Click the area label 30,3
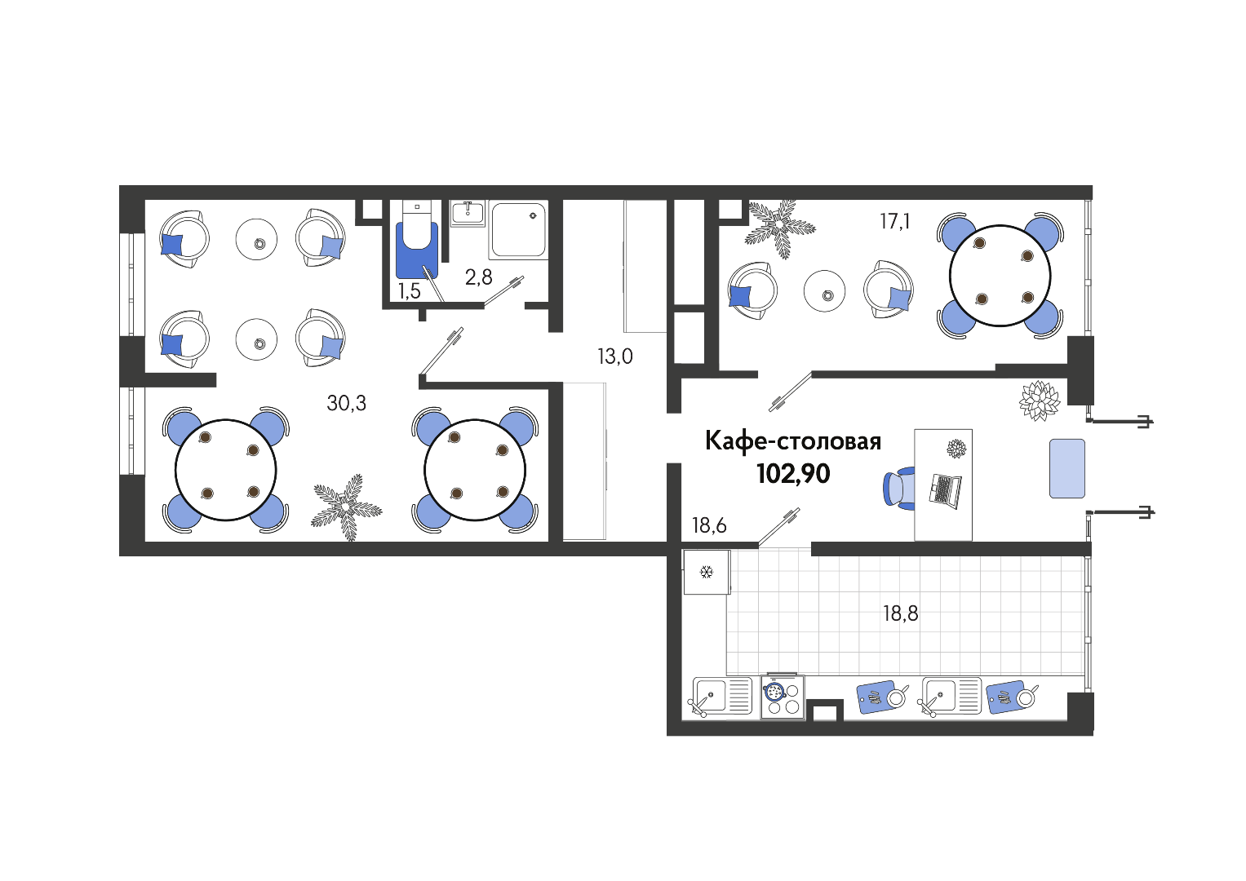pyautogui.click(x=346, y=403)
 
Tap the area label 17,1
pyautogui.click(x=894, y=222)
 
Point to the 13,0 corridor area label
pyautogui.click(x=614, y=356)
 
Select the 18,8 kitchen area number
pyautogui.click(x=901, y=613)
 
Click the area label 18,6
pyautogui.click(x=709, y=525)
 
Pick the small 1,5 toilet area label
pyautogui.click(x=409, y=291)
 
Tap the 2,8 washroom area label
pyautogui.click(x=478, y=277)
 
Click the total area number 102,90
pyautogui.click(x=793, y=474)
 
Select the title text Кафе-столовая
pyautogui.click(x=793, y=441)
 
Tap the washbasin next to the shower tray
pyautogui.click(x=468, y=213)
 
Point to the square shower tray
pyautogui.click(x=518, y=230)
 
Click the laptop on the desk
pyautogui.click(x=945, y=491)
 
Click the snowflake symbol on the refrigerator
pyautogui.click(x=707, y=572)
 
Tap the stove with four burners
pyautogui.click(x=783, y=698)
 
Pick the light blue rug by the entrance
pyautogui.click(x=1066, y=468)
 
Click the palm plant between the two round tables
pyautogui.click(x=347, y=506)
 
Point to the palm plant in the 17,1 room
pyautogui.click(x=780, y=228)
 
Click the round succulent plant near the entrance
pyautogui.click(x=1039, y=401)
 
